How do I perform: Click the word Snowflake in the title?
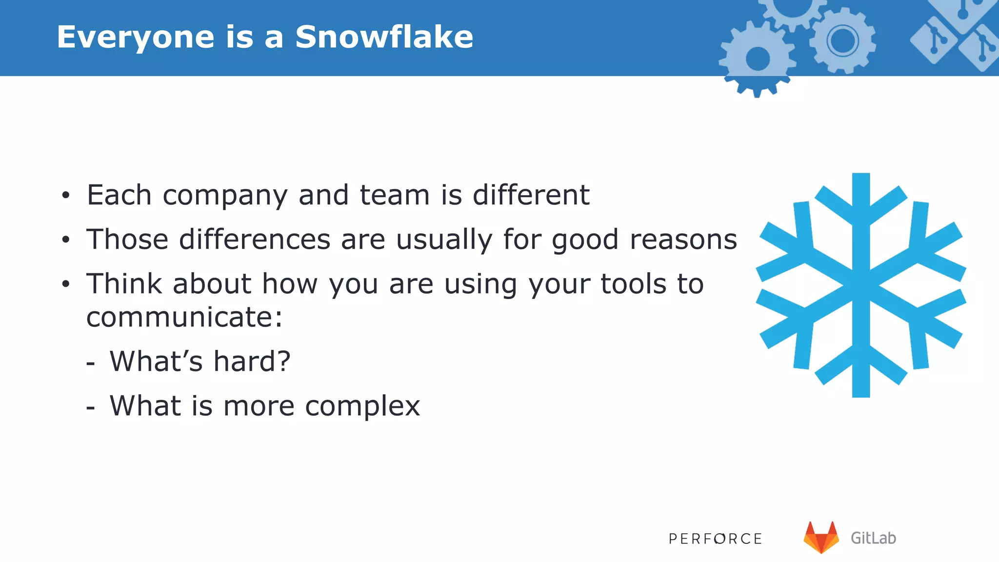pyautogui.click(x=384, y=37)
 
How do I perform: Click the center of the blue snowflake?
pyautogui.click(x=861, y=285)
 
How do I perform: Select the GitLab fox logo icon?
pyautogui.click(x=821, y=537)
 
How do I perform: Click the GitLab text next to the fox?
pyautogui.click(x=873, y=538)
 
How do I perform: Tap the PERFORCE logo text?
pyautogui.click(x=715, y=539)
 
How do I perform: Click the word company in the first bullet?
pyautogui.click(x=225, y=196)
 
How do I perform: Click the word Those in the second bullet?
pyautogui.click(x=127, y=240)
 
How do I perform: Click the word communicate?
pyautogui.click(x=184, y=318)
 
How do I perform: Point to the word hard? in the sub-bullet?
pyautogui.click(x=252, y=361)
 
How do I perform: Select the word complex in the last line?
pyautogui.click(x=362, y=406)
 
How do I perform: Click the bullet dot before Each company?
pyautogui.click(x=66, y=196)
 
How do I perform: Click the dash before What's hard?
pyautogui.click(x=90, y=363)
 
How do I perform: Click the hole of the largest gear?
pyautogui.click(x=758, y=59)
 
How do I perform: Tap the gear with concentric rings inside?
pyautogui.click(x=842, y=40)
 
